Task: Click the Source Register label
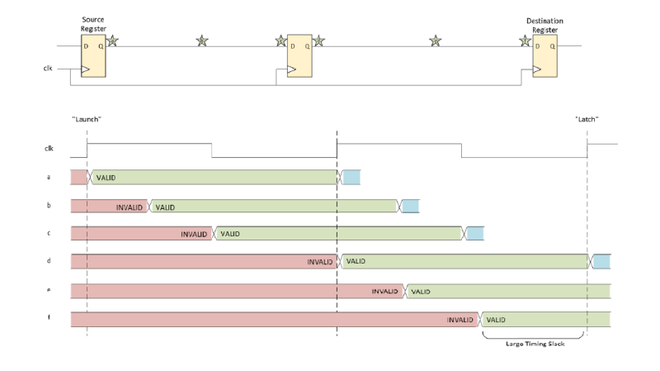coord(93,22)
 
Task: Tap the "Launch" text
coord(87,120)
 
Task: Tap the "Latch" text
coord(587,120)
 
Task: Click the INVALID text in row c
coord(195,234)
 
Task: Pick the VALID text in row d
coord(356,262)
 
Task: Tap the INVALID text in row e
coord(385,291)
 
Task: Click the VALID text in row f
coord(496,319)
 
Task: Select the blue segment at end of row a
coord(351,177)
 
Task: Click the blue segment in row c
coord(474,234)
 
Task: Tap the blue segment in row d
coord(601,262)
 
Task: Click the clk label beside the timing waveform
coord(49,149)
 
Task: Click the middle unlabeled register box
coord(299,56)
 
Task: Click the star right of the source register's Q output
coord(113,40)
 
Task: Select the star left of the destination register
coord(525,40)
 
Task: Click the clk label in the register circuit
coord(49,69)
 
